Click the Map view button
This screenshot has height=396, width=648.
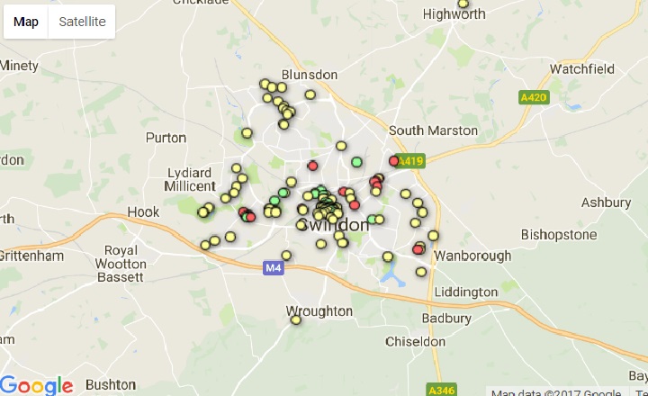click(x=26, y=22)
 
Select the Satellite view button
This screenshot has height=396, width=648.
click(x=82, y=22)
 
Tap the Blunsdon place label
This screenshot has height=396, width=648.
click(x=309, y=75)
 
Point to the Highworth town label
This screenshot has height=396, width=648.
click(x=454, y=14)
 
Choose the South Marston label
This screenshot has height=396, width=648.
click(x=433, y=130)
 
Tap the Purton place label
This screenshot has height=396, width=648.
click(x=166, y=138)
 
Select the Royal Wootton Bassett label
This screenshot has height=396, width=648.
click(x=125, y=264)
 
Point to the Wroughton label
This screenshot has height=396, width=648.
click(x=319, y=310)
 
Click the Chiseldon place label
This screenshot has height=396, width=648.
click(x=415, y=342)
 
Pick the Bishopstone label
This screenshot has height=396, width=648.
click(x=559, y=235)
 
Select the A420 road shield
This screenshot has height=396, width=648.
click(x=535, y=97)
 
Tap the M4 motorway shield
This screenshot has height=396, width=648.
click(x=274, y=267)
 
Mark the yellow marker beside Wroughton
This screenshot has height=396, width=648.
click(x=295, y=319)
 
